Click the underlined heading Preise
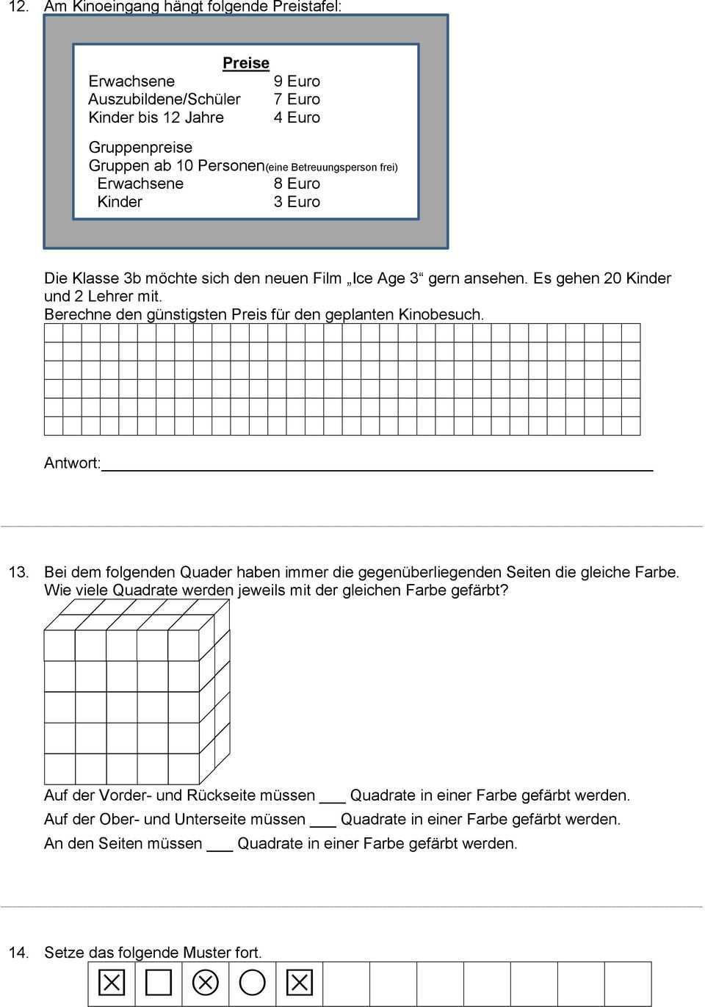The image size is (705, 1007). click(x=246, y=63)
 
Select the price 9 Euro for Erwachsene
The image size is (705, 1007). click(x=297, y=82)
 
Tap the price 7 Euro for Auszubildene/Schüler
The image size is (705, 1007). click(x=297, y=99)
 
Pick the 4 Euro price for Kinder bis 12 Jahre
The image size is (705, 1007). click(x=297, y=118)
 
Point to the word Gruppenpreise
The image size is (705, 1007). click(x=140, y=148)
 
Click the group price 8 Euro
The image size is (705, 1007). click(x=297, y=184)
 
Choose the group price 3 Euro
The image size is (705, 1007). click(x=297, y=202)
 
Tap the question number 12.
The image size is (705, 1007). click(x=18, y=7)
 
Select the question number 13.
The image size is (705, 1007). click(x=18, y=571)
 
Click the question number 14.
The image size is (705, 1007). click(x=18, y=953)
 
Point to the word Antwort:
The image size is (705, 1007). click(x=72, y=463)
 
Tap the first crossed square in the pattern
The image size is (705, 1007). click(x=112, y=983)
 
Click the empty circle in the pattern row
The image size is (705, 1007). click(x=252, y=983)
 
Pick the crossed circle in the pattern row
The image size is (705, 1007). click(x=206, y=983)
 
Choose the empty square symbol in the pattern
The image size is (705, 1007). click(x=159, y=983)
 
